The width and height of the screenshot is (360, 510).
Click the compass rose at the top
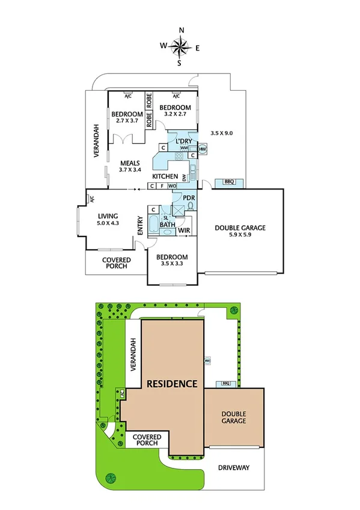click(180, 46)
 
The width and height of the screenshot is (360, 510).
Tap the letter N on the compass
click(180, 30)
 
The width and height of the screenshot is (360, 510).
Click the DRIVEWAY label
click(234, 467)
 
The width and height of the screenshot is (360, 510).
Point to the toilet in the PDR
click(191, 205)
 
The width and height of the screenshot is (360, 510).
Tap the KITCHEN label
click(165, 176)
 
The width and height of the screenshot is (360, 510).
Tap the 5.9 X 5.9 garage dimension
click(240, 236)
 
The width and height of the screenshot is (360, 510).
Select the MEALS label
click(130, 162)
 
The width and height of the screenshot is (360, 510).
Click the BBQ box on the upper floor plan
click(228, 181)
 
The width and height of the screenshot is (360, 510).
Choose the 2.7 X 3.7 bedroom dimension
click(127, 120)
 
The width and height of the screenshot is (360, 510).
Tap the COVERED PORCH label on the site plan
click(145, 440)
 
